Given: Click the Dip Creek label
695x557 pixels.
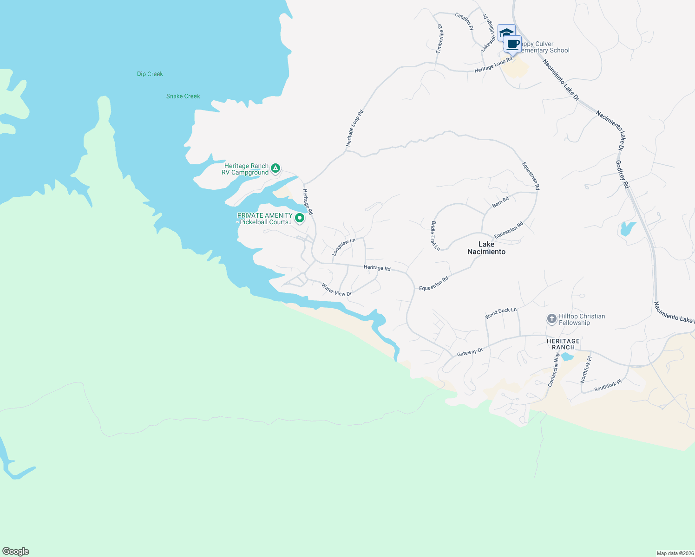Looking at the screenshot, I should pos(150,74).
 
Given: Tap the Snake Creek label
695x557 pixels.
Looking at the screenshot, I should pos(183,96).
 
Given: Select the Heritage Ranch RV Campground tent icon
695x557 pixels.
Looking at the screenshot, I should pos(275,168).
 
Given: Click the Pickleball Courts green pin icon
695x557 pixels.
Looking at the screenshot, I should pos(300,217).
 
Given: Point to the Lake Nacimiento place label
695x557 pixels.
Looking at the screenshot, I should pos(486,248).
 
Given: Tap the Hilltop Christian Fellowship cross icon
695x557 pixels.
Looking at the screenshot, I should pos(551,319).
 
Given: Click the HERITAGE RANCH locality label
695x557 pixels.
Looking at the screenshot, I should pos(563,344).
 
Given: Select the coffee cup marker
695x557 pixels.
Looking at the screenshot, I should pos(513,45).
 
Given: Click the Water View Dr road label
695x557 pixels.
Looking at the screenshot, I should pos(336,290).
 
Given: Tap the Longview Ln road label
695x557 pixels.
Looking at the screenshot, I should pos(343,247).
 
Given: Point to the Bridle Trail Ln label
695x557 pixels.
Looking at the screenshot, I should pos(435,236).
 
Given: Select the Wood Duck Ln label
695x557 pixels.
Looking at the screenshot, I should pos(500,313).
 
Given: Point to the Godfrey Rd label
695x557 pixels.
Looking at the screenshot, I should pos(622,175).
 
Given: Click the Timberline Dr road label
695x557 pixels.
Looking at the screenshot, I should pos(439,39).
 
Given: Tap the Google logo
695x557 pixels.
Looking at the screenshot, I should pos(16,551).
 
